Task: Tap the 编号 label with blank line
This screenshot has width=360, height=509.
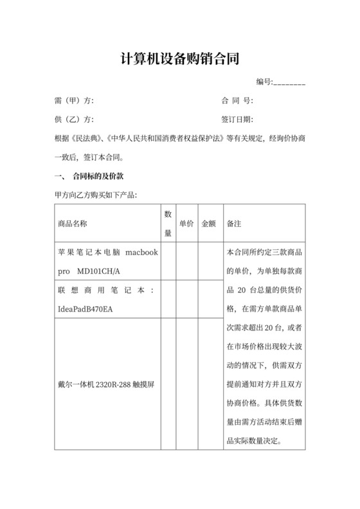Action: click(280, 82)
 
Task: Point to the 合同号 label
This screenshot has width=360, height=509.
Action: click(237, 101)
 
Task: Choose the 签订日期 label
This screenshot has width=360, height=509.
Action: click(237, 120)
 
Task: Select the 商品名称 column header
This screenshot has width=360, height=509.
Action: click(72, 224)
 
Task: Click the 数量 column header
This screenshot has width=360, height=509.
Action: click(168, 224)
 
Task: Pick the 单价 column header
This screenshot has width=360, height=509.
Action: click(186, 224)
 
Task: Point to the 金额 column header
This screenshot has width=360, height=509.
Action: click(209, 224)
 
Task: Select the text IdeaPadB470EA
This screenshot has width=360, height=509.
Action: click(85, 310)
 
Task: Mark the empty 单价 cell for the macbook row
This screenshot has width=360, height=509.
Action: click(186, 262)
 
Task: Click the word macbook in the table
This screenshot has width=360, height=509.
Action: click(141, 253)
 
